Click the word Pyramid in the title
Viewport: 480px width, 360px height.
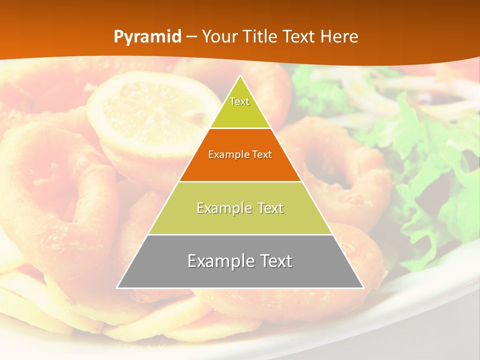tap(147, 37)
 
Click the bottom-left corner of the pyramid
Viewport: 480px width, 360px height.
tap(117, 287)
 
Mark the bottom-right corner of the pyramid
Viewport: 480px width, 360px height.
tap(363, 287)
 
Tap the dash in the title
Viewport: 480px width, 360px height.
tap(191, 37)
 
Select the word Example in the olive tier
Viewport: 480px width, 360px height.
tap(222, 208)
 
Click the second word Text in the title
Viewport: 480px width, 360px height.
tap(299, 36)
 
